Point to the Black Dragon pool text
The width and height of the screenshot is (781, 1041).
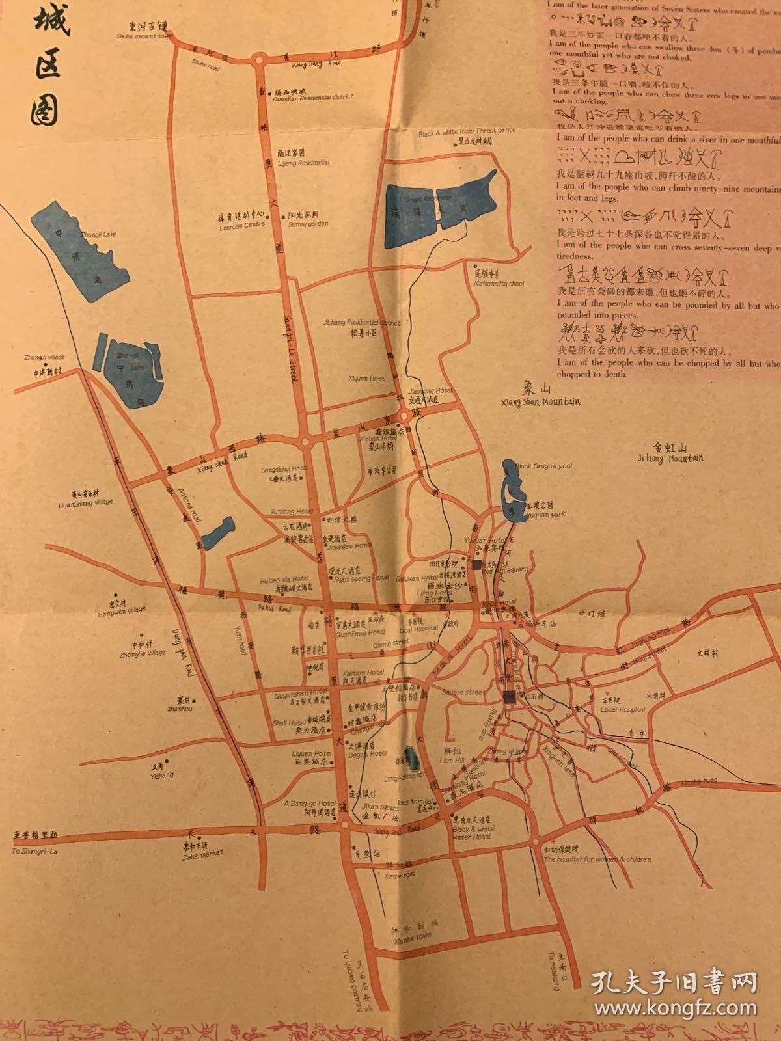[543, 466]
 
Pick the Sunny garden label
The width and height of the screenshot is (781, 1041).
[308, 224]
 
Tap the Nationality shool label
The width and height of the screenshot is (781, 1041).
[499, 284]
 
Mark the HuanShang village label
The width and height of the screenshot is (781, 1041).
[86, 502]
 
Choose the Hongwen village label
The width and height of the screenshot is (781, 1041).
[121, 612]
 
